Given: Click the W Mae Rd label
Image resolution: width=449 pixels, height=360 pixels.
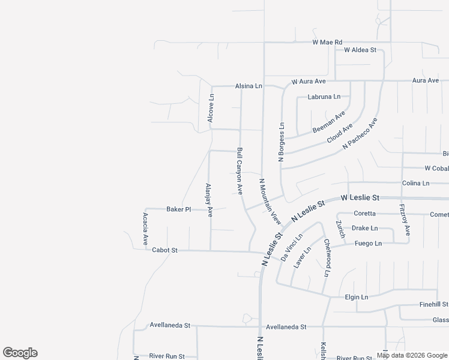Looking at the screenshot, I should [327, 43].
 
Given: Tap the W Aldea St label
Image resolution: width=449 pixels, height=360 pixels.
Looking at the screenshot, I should [360, 50].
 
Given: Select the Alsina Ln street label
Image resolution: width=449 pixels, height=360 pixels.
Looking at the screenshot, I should [249, 86].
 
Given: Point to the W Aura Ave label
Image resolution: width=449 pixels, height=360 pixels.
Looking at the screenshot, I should [309, 81].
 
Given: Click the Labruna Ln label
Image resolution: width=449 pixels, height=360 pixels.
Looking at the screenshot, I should [324, 97].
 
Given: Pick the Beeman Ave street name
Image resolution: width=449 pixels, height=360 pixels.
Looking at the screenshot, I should [329, 122].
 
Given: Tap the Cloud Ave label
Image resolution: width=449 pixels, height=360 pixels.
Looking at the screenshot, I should [340, 134].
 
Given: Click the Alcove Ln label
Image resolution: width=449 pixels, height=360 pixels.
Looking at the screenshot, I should [211, 108].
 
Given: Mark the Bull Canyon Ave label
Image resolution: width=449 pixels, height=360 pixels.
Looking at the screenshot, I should [240, 171].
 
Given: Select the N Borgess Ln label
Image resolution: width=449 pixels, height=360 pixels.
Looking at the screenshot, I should [281, 142].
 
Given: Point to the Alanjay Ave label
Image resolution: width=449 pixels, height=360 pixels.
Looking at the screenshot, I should [209, 200].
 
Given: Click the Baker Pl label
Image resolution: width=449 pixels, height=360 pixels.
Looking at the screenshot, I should [178, 209].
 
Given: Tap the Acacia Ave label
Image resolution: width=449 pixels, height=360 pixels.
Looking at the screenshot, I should [145, 228].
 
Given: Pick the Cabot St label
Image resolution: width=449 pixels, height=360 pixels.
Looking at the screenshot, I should [164, 250].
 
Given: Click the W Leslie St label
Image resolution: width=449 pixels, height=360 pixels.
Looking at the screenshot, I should [360, 197].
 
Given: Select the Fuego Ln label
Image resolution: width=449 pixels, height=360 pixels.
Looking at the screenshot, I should [368, 244].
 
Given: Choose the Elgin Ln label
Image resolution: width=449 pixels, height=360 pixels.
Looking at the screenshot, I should [357, 297].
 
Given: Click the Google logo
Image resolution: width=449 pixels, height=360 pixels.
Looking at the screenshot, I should [20, 353].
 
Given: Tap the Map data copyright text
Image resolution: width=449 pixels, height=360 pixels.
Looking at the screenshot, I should [412, 355].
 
